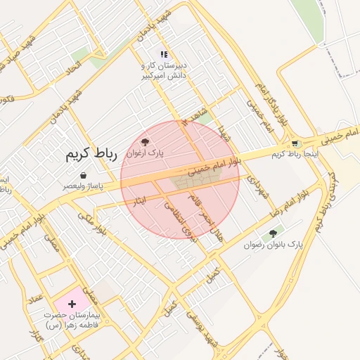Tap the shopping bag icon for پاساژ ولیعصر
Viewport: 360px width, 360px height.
tap(84, 175)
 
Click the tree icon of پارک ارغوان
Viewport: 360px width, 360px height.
tap(146, 142)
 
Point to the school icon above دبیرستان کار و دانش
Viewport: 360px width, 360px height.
tap(164, 53)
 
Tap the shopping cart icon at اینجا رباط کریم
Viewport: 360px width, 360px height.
tap(295, 143)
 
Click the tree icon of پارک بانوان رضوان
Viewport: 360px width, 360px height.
tap(273, 233)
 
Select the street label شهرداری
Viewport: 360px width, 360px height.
tap(256, 188)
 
